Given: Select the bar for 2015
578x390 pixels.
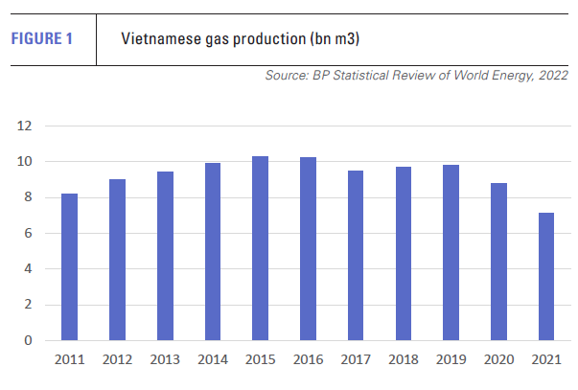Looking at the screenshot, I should coord(260,248).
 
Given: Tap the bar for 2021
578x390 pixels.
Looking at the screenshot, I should coord(545,277).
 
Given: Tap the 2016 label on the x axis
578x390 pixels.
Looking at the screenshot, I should coord(308,359).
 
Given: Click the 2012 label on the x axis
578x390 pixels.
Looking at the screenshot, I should coord(117,359).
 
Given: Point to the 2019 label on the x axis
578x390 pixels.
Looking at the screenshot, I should coord(451,359).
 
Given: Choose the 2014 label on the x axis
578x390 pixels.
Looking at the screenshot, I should coord(212,359).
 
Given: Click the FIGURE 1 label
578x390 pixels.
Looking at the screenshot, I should coord(41,39).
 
